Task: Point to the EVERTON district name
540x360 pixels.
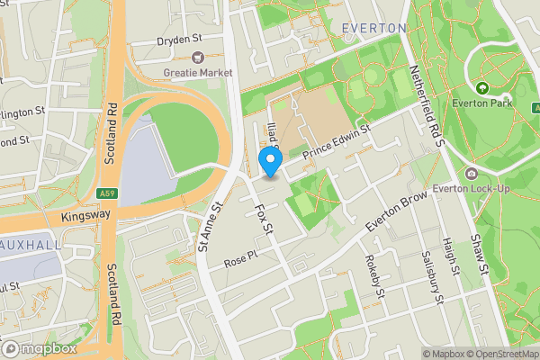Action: (373, 29)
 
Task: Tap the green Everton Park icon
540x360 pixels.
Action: (481, 88)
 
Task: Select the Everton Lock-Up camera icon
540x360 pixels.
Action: (472, 173)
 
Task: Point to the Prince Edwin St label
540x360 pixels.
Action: (337, 144)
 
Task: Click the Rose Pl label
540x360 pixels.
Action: (240, 259)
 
